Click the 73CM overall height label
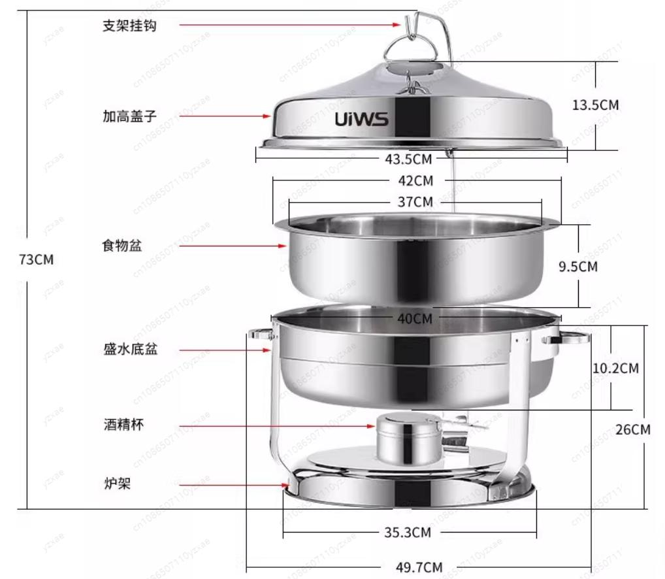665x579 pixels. pyautogui.click(x=36, y=259)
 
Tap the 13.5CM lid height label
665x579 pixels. pyautogui.click(x=595, y=105)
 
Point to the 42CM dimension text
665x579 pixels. pyautogui.click(x=415, y=180)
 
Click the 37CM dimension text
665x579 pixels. pyautogui.click(x=415, y=202)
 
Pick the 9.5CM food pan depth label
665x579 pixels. pyautogui.click(x=578, y=266)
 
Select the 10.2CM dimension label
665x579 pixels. pyautogui.click(x=615, y=368)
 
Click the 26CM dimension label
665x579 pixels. pyautogui.click(x=633, y=429)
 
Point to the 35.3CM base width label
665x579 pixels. pyautogui.click(x=408, y=532)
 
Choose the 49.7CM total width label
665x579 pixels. pyautogui.click(x=419, y=567)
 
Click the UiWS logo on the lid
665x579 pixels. pyautogui.click(x=362, y=120)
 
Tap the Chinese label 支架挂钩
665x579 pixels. pyautogui.click(x=129, y=26)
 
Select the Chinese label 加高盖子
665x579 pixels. pyautogui.click(x=129, y=117)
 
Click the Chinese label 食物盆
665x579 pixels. pyautogui.click(x=122, y=246)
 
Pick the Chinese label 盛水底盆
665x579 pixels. pyautogui.click(x=129, y=350)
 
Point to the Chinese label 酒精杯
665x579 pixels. pyautogui.click(x=123, y=425)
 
